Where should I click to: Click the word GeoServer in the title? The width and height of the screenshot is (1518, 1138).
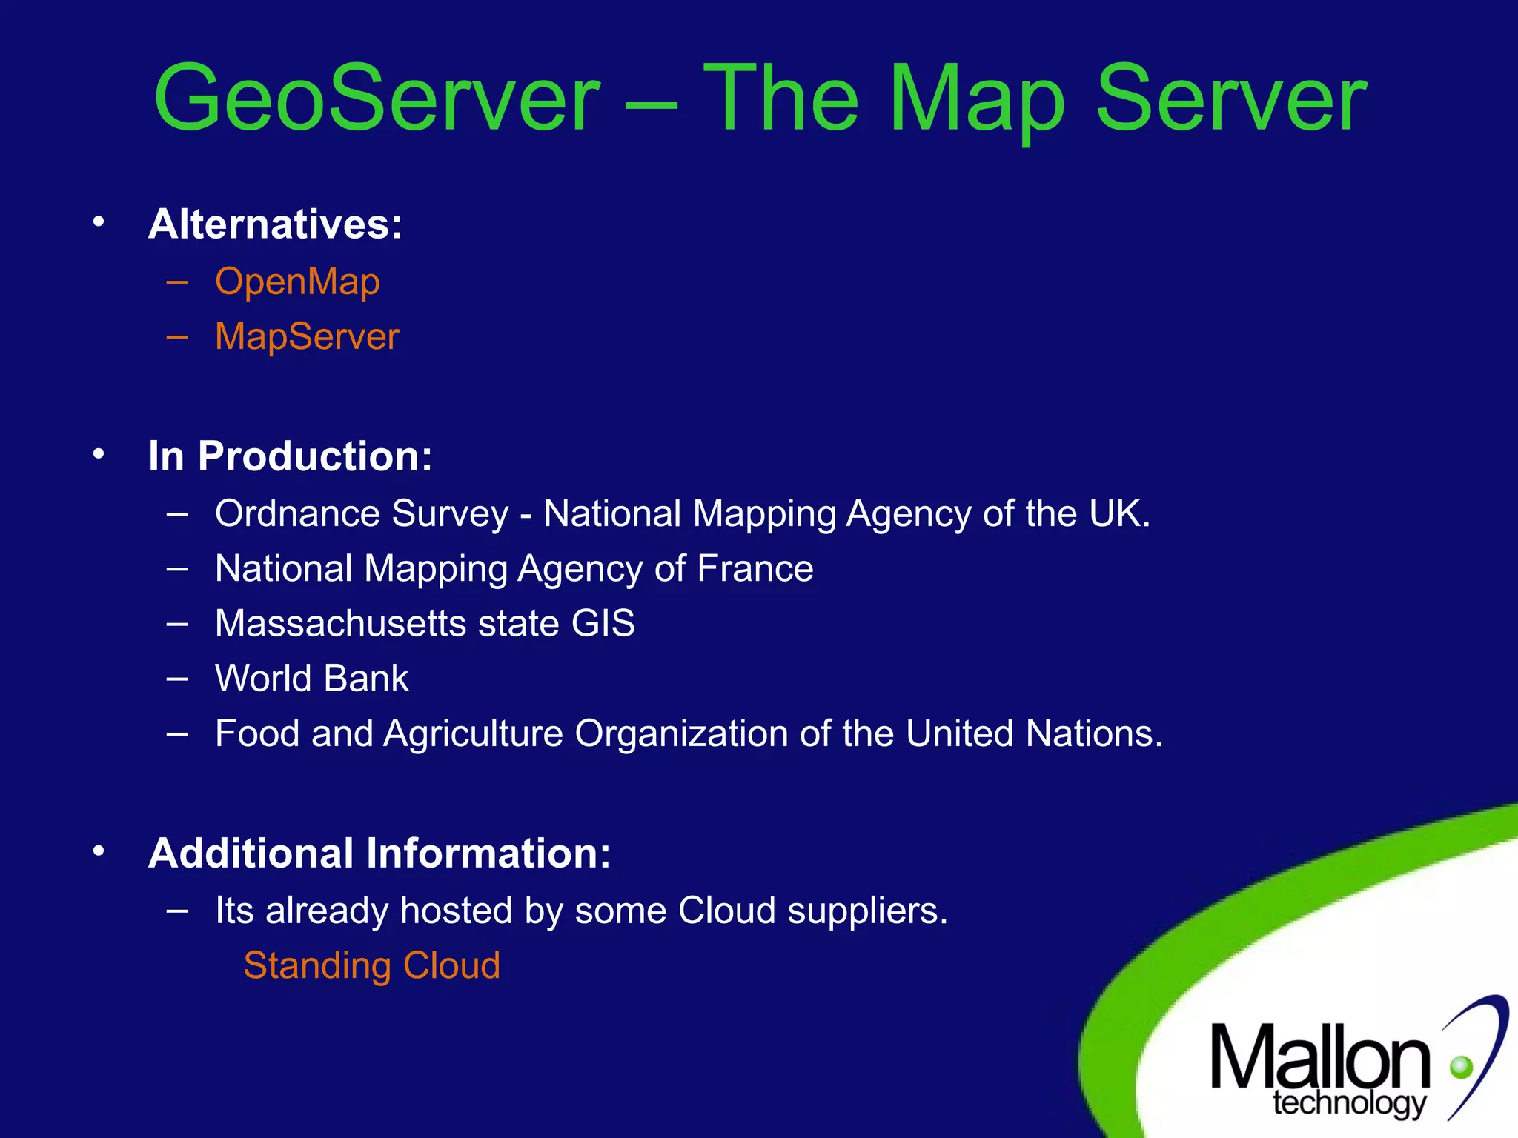377,99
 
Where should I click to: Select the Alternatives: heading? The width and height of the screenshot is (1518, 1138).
275,224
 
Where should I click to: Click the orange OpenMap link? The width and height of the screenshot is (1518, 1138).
297,282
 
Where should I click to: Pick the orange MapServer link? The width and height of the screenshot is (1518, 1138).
307,337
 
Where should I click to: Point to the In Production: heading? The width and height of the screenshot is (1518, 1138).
290,456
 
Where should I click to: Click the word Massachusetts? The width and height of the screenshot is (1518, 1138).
340,623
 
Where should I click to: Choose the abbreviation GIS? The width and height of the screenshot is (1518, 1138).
603,623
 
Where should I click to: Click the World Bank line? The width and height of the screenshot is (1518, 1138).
311,678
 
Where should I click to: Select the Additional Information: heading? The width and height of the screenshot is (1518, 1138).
379,853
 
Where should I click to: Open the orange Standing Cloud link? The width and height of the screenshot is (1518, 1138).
371,965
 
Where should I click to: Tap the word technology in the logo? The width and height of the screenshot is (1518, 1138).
1348,1103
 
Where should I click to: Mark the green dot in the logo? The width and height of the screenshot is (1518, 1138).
1461,1067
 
